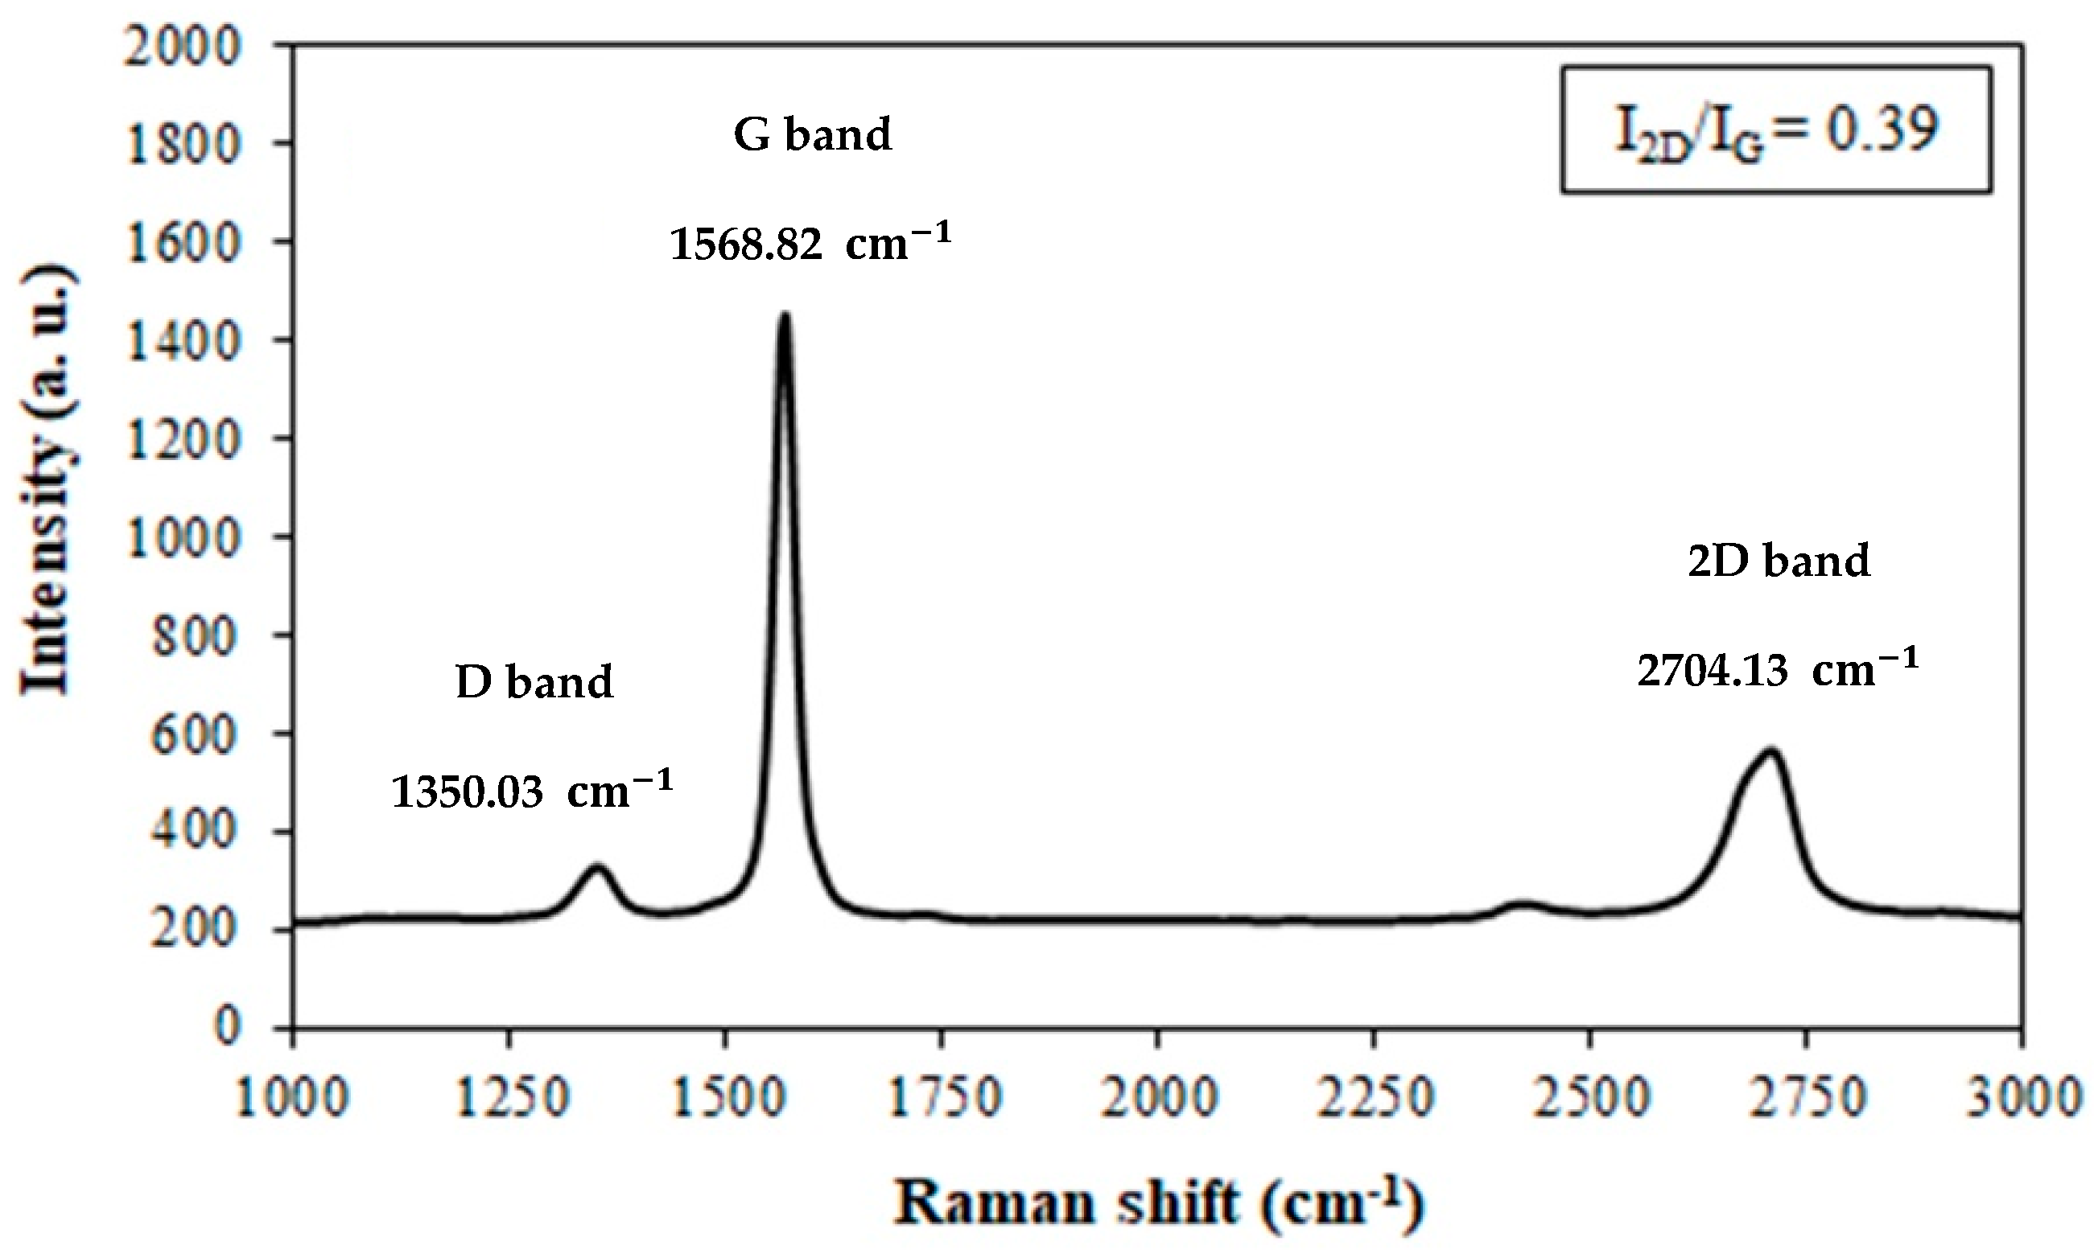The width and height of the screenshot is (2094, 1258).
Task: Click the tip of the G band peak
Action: click(x=785, y=316)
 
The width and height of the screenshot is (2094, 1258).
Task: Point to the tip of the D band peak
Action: click(x=597, y=867)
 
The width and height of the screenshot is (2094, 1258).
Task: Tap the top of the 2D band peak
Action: click(x=1770, y=751)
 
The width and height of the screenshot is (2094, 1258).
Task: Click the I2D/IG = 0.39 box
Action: click(x=1776, y=129)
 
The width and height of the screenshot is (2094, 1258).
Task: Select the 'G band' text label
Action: click(x=813, y=135)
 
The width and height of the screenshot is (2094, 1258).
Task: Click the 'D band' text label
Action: click(x=534, y=681)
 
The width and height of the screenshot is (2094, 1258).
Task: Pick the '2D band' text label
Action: click(x=1779, y=561)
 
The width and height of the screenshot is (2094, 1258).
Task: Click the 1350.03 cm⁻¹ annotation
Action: click(x=532, y=791)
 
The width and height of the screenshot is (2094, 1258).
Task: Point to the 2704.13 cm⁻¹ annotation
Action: click(x=1778, y=670)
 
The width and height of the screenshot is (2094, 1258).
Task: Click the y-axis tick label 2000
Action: click(x=183, y=46)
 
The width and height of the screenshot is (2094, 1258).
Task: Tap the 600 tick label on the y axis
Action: click(x=196, y=734)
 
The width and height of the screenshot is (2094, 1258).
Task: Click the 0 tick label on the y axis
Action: click(x=227, y=1026)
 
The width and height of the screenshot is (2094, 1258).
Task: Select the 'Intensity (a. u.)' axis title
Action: click(x=47, y=483)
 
